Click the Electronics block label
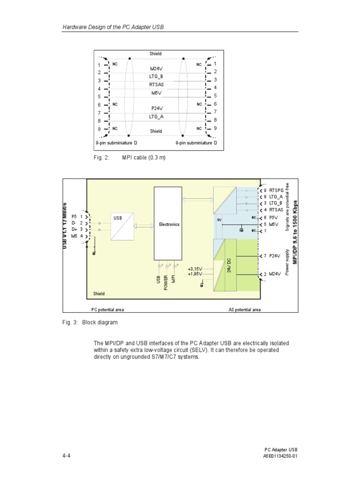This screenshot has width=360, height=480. [x=169, y=225]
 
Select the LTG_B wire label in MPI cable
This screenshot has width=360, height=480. [x=156, y=76]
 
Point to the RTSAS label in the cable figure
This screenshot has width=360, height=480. [x=156, y=85]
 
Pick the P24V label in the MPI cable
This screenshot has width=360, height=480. [x=156, y=108]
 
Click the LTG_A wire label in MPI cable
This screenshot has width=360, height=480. [x=156, y=116]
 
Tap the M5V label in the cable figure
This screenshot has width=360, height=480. [x=156, y=93]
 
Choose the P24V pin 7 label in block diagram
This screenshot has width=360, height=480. [x=274, y=256]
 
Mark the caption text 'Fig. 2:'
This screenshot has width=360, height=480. [x=101, y=157]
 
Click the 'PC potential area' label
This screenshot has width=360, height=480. [x=107, y=309]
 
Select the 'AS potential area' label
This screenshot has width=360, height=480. [x=245, y=309]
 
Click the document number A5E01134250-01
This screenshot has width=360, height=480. [x=280, y=456]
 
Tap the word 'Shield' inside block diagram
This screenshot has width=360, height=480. [x=99, y=294]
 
